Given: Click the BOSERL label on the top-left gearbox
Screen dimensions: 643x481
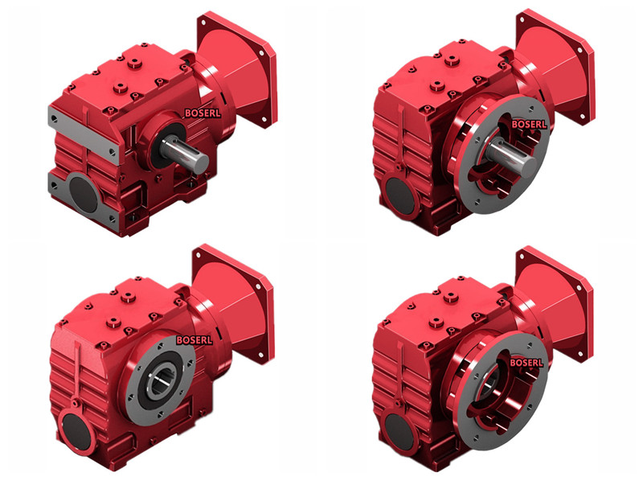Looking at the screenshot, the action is (203, 113).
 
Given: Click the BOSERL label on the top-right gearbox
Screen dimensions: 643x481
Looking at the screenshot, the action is (529, 124).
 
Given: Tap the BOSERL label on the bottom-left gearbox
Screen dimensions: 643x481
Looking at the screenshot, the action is (194, 340).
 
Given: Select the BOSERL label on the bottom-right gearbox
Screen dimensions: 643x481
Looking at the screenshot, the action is (526, 363).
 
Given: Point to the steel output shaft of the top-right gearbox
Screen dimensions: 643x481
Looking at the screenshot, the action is (513, 154).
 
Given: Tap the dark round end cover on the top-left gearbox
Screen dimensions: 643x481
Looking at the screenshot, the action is (84, 194).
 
